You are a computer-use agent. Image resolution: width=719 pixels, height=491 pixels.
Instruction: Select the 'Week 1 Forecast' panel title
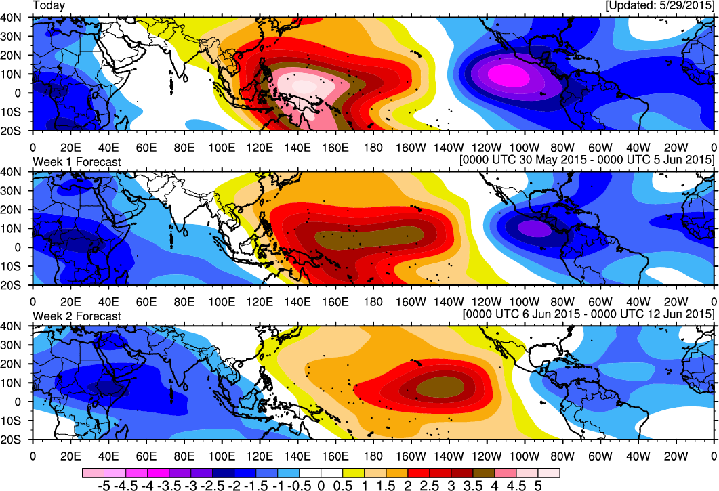(x=77, y=161)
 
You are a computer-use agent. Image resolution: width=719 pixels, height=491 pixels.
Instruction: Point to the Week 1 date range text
(x=587, y=160)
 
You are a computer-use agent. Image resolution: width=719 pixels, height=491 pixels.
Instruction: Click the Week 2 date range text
(x=587, y=314)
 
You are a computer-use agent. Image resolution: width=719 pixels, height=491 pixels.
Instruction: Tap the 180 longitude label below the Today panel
(x=373, y=145)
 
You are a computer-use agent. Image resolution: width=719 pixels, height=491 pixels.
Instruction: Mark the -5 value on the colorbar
(x=104, y=485)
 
